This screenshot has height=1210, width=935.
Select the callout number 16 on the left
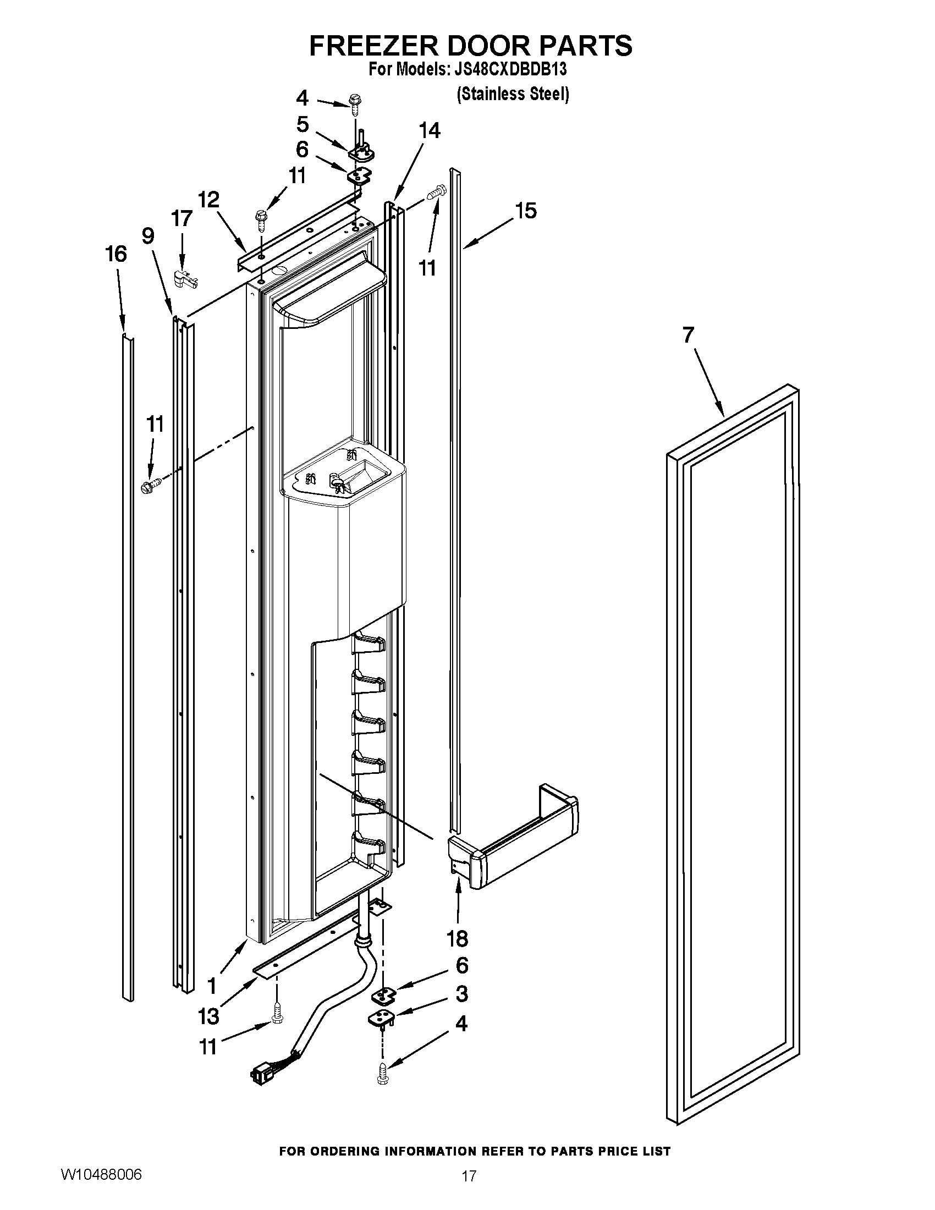pos(116,254)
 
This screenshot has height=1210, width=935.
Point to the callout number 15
pos(526,211)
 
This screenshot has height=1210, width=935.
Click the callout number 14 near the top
pos(430,131)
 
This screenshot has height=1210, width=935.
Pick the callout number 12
pos(208,200)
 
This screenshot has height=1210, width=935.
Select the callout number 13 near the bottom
pos(208,1016)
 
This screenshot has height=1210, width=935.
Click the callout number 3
pos(461,994)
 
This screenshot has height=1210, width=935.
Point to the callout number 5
pos(302,124)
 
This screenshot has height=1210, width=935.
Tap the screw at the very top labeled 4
pos(354,102)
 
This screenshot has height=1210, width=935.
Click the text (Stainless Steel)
pos(513,94)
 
